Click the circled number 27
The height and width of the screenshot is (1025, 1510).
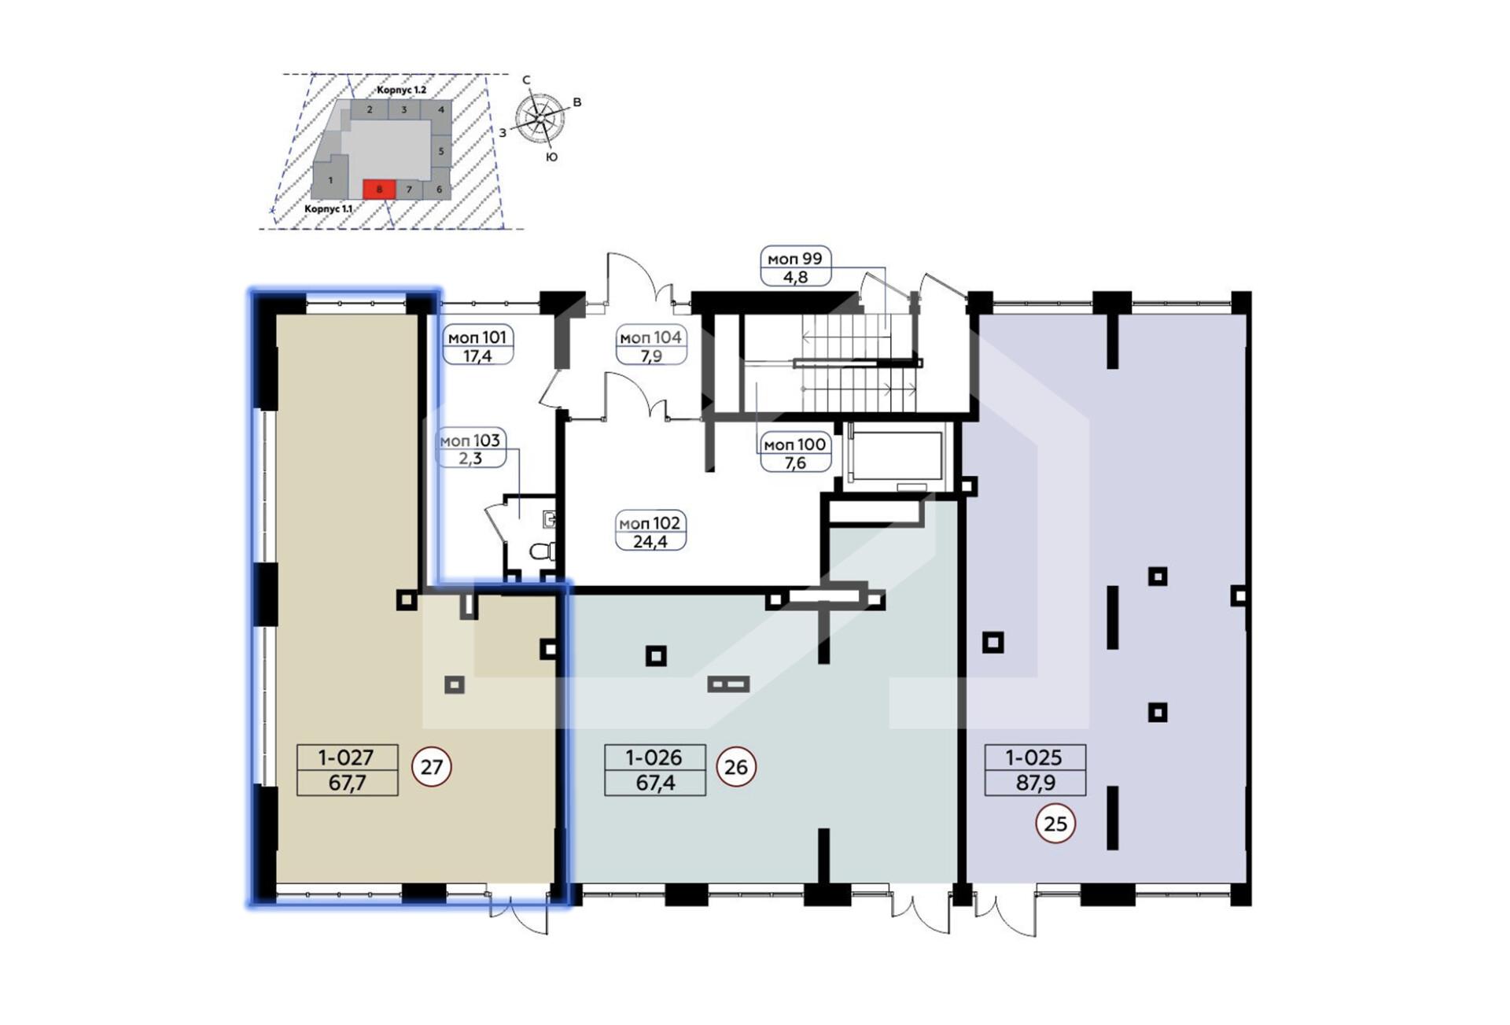(432, 766)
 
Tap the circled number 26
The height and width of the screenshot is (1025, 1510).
(736, 766)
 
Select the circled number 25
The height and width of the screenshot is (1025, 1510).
(1055, 823)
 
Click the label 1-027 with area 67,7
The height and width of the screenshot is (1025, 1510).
(347, 769)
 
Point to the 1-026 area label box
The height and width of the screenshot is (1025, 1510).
(654, 769)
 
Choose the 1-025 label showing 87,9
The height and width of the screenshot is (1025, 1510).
(1035, 769)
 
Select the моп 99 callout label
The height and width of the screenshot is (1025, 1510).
(795, 266)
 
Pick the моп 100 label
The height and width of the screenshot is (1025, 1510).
(795, 452)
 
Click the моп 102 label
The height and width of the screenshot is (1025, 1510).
(650, 531)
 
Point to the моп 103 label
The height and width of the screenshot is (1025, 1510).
(470, 448)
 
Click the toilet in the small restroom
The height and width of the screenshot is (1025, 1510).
(543, 551)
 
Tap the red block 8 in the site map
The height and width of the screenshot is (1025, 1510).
(379, 189)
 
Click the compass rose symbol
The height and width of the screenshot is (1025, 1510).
(540, 119)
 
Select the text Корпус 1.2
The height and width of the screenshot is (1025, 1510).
(401, 90)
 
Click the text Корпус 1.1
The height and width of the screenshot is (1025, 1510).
(329, 209)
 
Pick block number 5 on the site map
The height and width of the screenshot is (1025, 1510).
(441, 151)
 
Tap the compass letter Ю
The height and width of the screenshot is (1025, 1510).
(552, 157)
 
